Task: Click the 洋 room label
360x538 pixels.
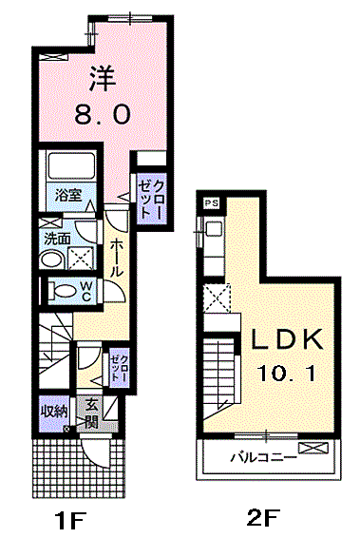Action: pyautogui.click(x=103, y=79)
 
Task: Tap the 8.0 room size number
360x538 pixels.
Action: pyautogui.click(x=103, y=114)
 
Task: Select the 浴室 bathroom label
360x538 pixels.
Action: pyautogui.click(x=68, y=195)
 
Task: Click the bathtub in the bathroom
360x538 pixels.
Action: pyautogui.click(x=71, y=165)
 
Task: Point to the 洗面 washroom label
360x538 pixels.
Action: pyautogui.click(x=57, y=239)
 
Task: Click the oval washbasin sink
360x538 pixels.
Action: pyautogui.click(x=52, y=260)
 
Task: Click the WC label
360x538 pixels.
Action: pyautogui.click(x=86, y=291)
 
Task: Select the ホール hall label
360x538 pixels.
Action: pyautogui.click(x=116, y=259)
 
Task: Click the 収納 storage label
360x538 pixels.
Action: pyautogui.click(x=54, y=412)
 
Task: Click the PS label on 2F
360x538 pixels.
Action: pyautogui.click(x=211, y=203)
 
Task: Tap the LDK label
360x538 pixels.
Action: pyautogui.click(x=287, y=339)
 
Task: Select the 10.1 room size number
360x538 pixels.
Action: pyautogui.click(x=286, y=373)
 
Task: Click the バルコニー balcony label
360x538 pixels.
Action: pyautogui.click(x=264, y=457)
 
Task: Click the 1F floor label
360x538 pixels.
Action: pyautogui.click(x=71, y=521)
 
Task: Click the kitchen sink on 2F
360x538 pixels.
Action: pyautogui.click(x=214, y=229)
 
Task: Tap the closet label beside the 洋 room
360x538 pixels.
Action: pyautogui.click(x=150, y=200)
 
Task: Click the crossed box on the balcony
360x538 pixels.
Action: pyautogui.click(x=313, y=448)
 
